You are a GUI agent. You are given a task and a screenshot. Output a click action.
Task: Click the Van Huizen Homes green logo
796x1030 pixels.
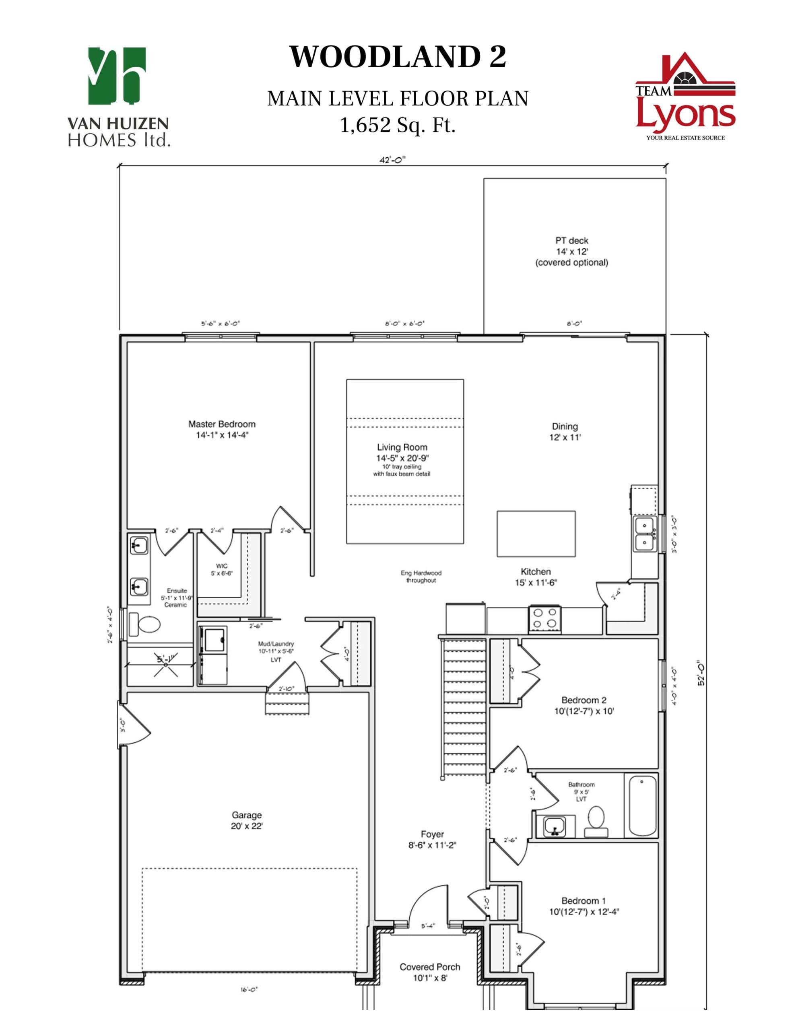click(117, 76)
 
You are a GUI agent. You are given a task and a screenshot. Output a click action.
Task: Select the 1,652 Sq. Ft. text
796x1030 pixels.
click(397, 126)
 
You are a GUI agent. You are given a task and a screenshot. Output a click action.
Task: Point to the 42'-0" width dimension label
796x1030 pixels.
click(392, 160)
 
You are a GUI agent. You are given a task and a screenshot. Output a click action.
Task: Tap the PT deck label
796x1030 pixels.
click(571, 241)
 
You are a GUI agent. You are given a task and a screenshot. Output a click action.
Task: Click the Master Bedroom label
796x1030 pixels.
click(222, 424)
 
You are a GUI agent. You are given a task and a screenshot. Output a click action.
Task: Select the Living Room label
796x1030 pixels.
click(402, 447)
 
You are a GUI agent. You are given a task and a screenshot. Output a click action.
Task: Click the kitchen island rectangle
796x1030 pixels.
click(536, 534)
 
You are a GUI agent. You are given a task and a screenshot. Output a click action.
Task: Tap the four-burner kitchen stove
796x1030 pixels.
click(545, 618)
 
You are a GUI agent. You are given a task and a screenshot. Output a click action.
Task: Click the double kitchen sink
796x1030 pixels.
click(643, 534)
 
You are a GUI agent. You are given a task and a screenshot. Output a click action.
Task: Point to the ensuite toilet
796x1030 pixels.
click(145, 624)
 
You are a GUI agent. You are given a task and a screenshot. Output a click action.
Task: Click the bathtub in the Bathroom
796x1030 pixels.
click(642, 805)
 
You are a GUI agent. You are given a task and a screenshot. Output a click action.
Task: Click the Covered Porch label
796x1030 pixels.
click(429, 967)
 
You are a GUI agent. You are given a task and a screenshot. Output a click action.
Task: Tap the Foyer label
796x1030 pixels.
click(432, 834)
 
